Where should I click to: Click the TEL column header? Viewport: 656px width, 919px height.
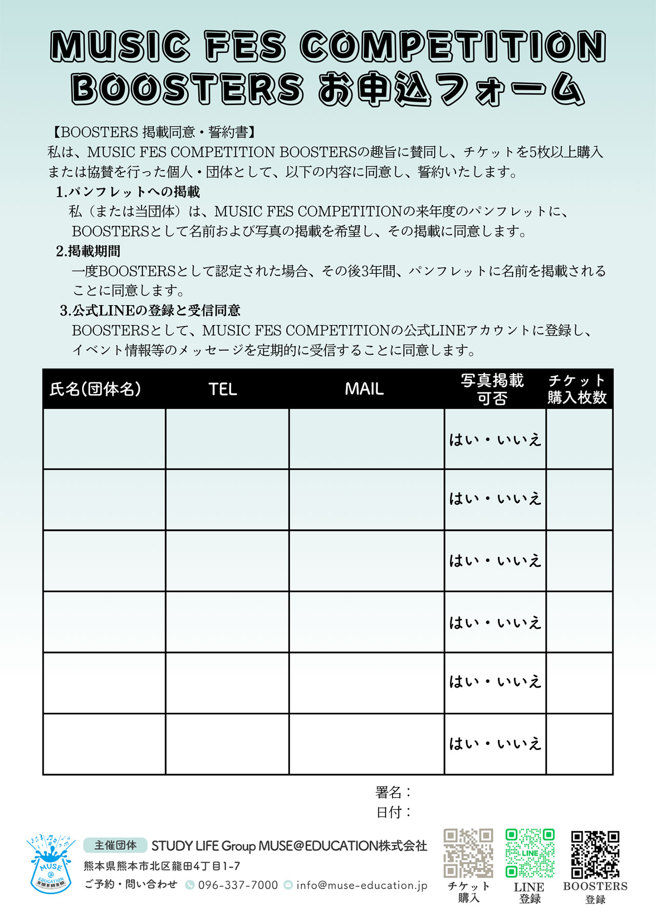pos(222,389)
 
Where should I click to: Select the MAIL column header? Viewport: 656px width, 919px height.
pos(364,389)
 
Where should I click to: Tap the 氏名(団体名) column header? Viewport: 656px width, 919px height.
pos(95,389)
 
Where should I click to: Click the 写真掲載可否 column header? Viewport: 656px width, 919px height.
pos(492,389)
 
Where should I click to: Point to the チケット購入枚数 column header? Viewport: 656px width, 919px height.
pos(577,389)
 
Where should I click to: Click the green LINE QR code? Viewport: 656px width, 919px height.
pos(530,853)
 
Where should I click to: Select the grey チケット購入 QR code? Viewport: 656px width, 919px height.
pos(468,853)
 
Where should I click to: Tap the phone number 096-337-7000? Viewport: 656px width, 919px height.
pos(238,885)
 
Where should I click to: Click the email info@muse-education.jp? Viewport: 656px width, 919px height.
pos(361,885)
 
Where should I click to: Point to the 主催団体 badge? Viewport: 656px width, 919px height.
pos(115,845)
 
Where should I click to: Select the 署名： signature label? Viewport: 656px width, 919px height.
pos(393,793)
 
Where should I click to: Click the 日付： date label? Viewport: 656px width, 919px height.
pos(393,812)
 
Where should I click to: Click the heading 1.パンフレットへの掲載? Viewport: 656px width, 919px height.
pos(128,192)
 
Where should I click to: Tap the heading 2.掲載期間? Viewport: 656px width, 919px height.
pos(88,251)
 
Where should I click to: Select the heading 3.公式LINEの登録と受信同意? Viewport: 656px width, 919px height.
pos(150,311)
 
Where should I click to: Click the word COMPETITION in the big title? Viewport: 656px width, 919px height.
pos(453,46)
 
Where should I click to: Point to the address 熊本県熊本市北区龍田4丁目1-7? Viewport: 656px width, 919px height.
pos(162,866)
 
